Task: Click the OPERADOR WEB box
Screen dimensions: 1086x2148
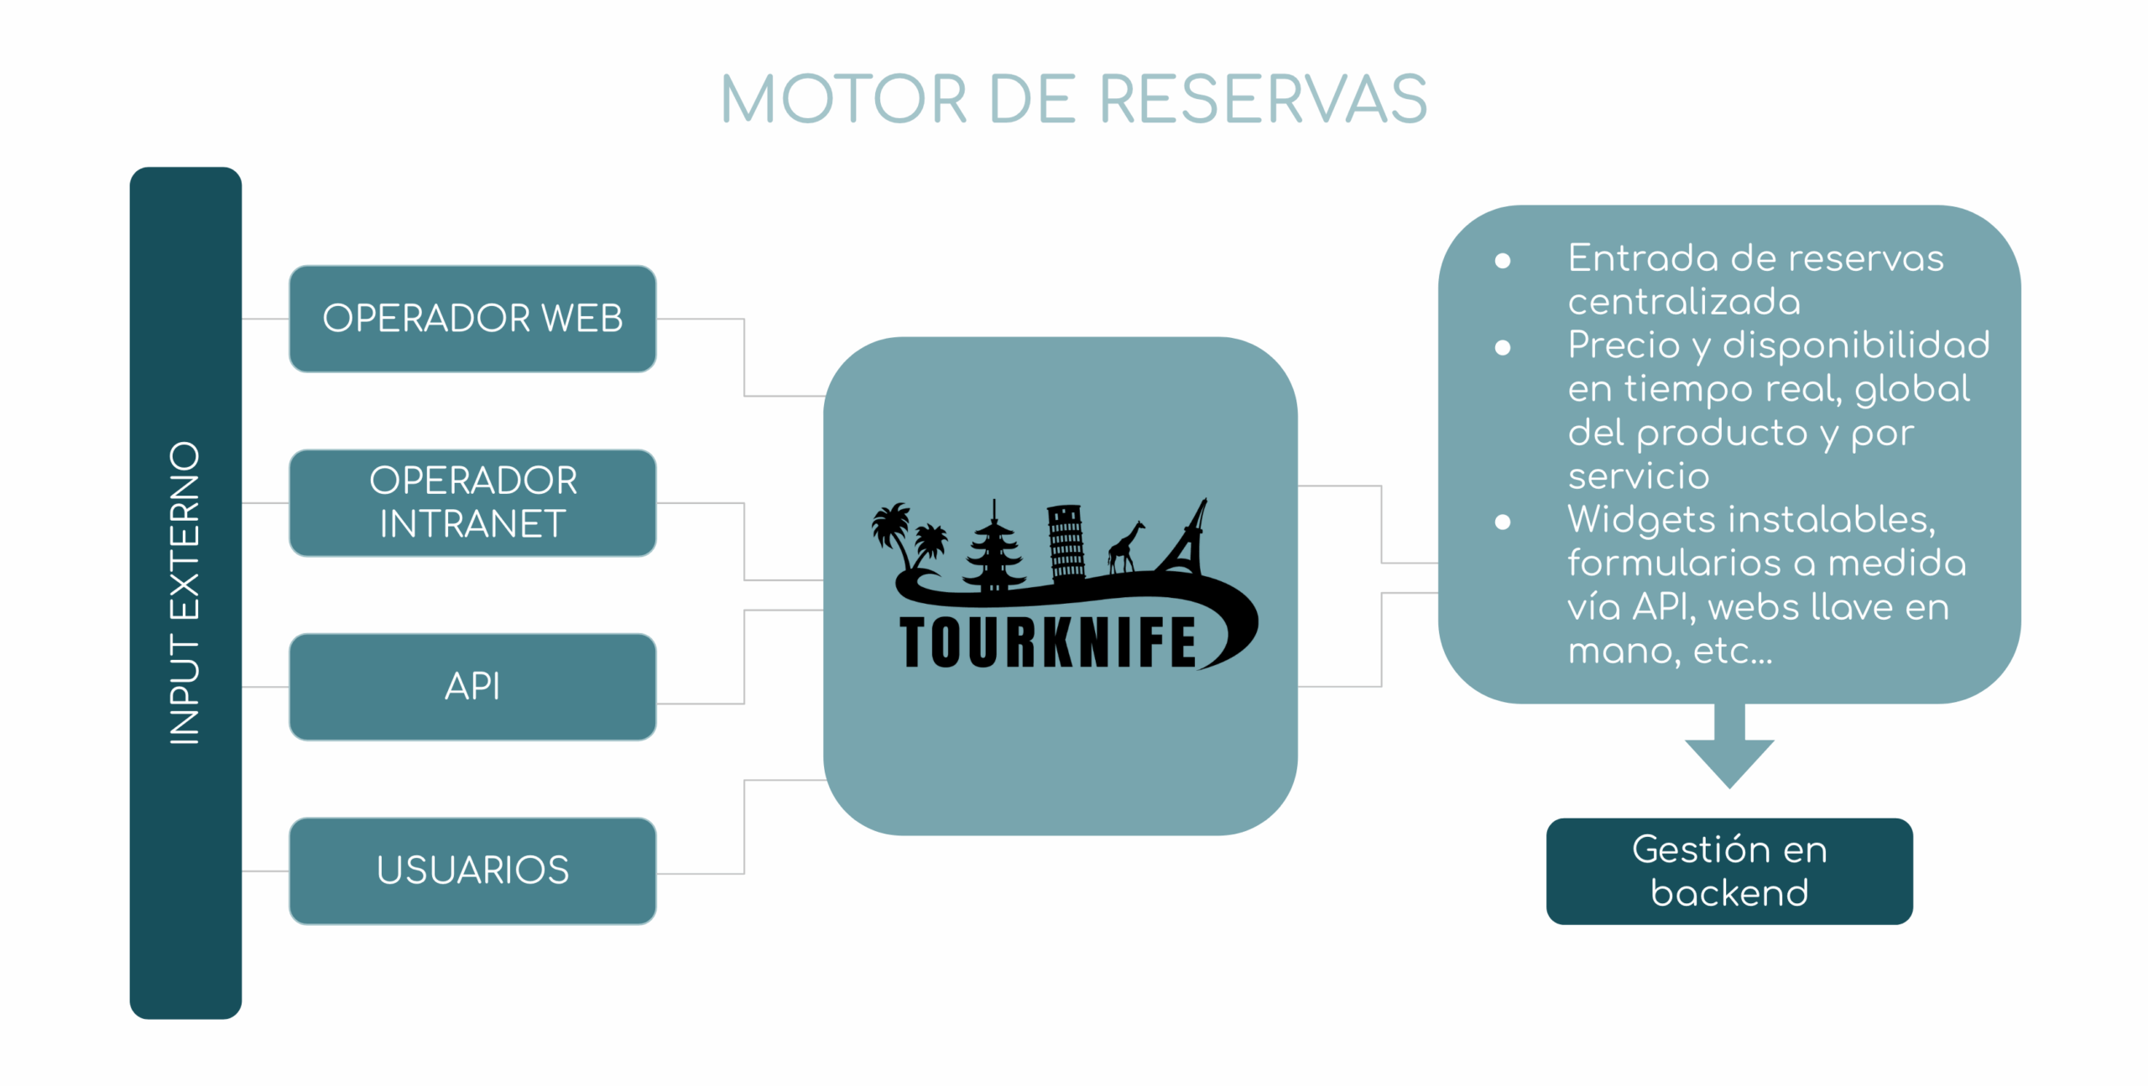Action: (472, 319)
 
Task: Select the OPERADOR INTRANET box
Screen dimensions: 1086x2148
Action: (472, 502)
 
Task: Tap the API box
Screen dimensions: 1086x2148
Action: (472, 686)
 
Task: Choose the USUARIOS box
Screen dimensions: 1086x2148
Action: (472, 870)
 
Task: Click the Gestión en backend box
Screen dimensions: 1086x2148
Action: (1728, 870)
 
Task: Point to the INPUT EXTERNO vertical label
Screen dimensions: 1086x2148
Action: (185, 592)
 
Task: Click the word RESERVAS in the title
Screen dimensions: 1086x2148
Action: (1262, 100)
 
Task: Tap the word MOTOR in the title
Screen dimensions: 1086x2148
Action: (843, 100)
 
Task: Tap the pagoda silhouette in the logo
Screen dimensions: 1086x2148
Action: (994, 545)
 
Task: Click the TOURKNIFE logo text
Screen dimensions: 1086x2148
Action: (1047, 642)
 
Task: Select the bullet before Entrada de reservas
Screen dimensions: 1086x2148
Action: (1502, 261)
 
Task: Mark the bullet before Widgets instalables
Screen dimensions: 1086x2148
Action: (1502, 522)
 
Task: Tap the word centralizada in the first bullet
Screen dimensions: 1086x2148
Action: (1684, 302)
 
